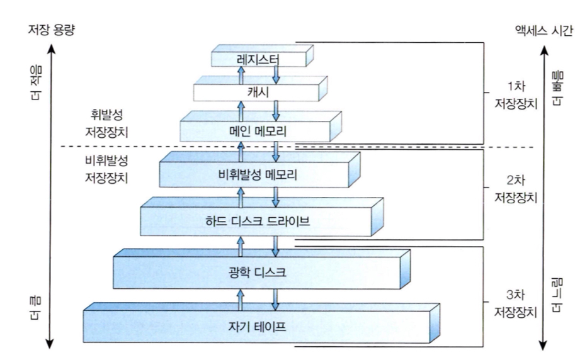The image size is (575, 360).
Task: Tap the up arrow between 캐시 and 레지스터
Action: (x=240, y=74)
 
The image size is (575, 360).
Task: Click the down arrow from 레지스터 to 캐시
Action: (x=275, y=74)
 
